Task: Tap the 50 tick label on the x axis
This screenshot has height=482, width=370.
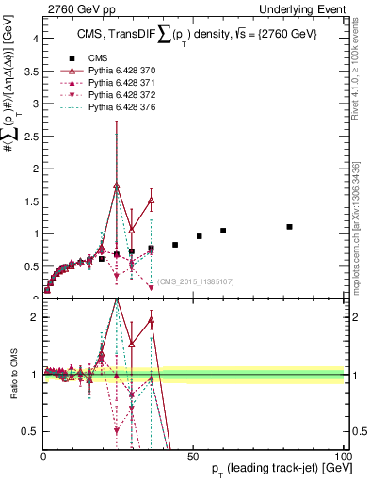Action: (194, 456)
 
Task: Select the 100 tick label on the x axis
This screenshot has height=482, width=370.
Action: (343, 456)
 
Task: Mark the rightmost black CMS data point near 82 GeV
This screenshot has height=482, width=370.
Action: (290, 227)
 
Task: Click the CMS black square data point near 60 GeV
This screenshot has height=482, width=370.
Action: (223, 231)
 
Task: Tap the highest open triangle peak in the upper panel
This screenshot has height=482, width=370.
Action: (117, 186)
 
